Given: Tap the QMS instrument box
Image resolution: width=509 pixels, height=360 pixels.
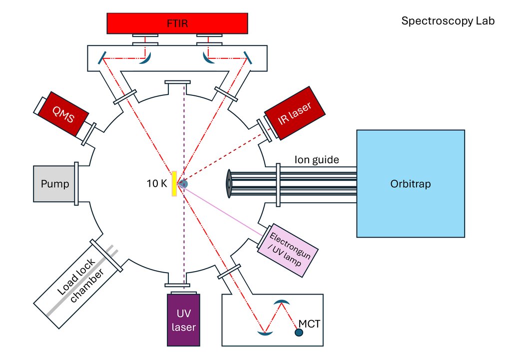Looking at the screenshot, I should (x=62, y=116).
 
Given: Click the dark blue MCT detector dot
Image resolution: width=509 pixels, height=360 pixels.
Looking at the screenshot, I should (x=299, y=332).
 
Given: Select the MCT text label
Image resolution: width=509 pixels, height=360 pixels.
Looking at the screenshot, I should (x=311, y=324).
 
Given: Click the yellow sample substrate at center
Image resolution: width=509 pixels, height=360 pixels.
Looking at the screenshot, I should (x=174, y=184).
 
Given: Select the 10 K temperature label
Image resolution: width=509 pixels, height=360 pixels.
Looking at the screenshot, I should (x=157, y=183).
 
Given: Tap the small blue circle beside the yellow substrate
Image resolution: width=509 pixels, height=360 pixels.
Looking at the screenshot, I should (x=183, y=184).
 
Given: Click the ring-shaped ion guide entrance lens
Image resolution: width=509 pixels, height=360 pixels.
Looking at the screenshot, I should (x=228, y=183).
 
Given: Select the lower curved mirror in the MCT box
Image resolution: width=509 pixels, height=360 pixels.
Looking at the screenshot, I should (x=264, y=333).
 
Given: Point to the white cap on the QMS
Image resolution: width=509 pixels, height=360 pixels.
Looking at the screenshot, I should (x=40, y=104).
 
